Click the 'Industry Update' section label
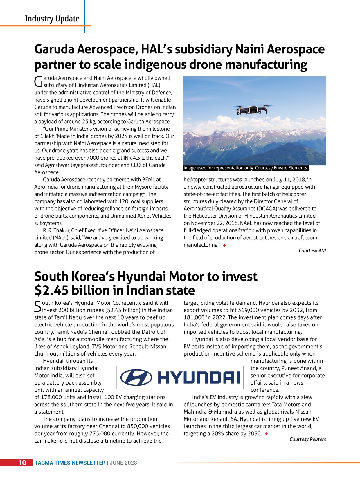point(52,19)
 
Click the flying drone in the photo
point(252,109)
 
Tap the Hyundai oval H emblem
point(136,377)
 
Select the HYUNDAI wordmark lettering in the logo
point(199,378)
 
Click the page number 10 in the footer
point(22,463)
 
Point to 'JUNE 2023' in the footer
point(123,463)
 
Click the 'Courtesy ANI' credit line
point(312,250)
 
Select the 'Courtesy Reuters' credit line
point(307,439)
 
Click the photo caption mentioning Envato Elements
point(246,168)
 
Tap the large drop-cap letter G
point(38,82)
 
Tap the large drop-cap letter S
point(38,306)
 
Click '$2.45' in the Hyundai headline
point(51,290)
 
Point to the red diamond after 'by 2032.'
point(267,434)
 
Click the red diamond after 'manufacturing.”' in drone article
point(224,245)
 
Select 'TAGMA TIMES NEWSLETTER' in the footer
point(70,463)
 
